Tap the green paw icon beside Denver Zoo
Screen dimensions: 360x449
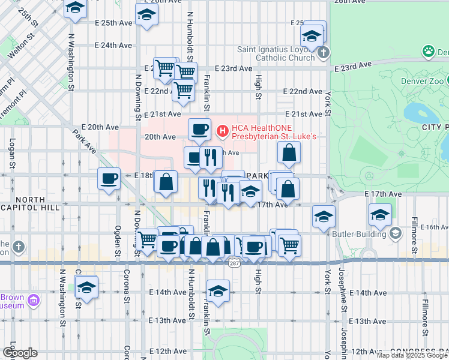[x=429, y=52]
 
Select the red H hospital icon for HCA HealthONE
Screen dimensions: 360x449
[x=223, y=130]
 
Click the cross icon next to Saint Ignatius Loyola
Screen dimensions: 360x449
[x=324, y=52]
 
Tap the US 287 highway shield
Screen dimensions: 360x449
[x=234, y=262]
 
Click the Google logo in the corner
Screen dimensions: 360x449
[x=20, y=353]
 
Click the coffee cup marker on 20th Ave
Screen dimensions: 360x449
[x=199, y=128]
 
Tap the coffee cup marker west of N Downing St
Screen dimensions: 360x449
[x=109, y=178]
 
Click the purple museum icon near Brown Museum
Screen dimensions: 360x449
[x=35, y=299]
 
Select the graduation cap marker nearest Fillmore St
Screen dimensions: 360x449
[x=379, y=214]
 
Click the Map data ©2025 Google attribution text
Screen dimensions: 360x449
[x=412, y=355]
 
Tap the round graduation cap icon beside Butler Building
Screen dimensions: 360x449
[x=395, y=233]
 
